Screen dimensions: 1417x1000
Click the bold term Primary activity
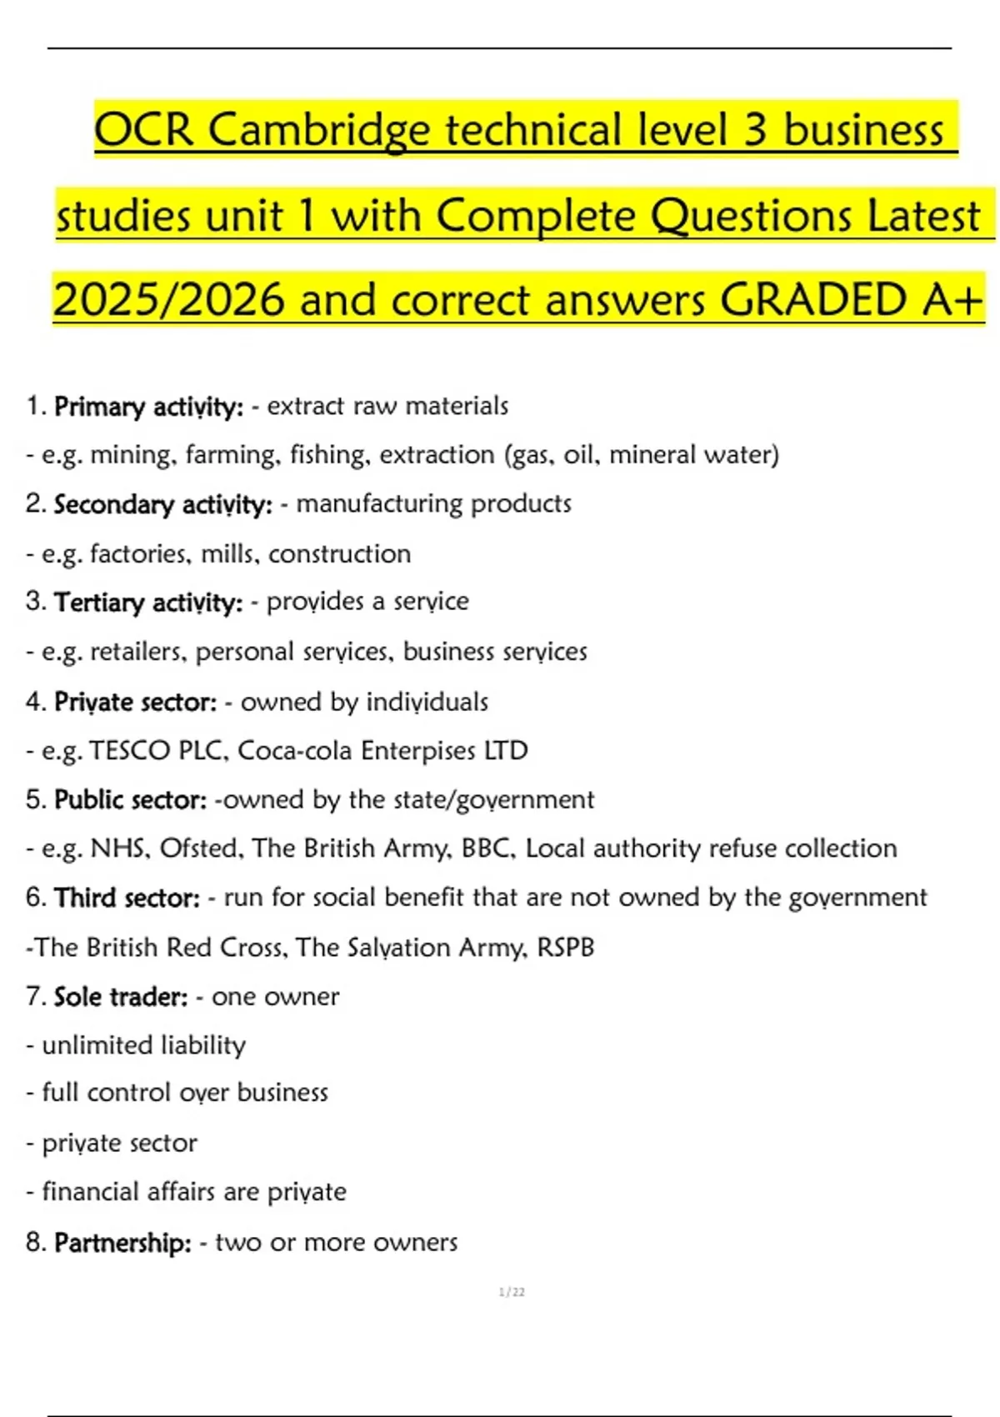[x=148, y=407]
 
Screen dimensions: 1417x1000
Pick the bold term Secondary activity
[x=162, y=505]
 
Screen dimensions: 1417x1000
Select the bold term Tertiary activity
[x=148, y=603]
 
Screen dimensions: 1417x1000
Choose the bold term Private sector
[x=135, y=702]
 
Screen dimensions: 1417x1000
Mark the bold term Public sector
[x=130, y=800]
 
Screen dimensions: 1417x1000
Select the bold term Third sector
[x=127, y=899]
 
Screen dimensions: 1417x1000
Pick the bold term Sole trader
[x=121, y=997]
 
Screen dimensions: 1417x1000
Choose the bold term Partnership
[x=122, y=1243]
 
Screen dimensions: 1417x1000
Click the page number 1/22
[x=512, y=1292]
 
